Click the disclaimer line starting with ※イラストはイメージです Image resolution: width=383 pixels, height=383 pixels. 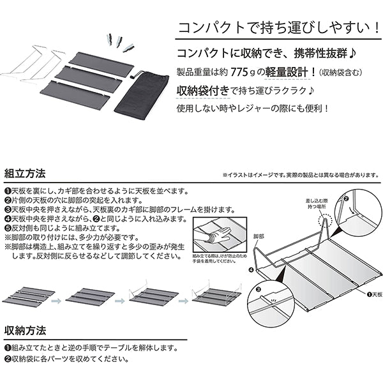(x=299, y=174)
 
